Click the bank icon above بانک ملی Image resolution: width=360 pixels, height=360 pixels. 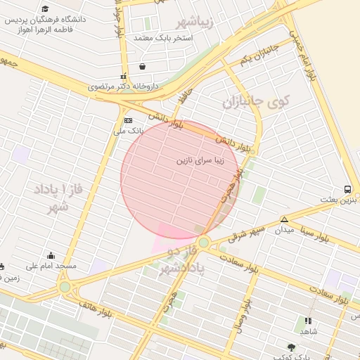point(127,121)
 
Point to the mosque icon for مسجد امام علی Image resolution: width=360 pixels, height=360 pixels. point(51,256)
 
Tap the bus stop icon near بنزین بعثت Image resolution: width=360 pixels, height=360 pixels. point(347,189)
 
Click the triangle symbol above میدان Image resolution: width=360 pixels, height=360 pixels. point(284,219)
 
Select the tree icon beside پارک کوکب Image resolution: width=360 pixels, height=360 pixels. point(291,347)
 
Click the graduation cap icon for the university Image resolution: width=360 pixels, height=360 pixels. point(46,9)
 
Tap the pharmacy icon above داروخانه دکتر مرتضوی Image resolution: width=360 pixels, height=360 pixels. point(124,77)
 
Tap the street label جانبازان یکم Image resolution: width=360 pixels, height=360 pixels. point(260,55)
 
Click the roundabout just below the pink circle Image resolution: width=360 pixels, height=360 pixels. point(203,243)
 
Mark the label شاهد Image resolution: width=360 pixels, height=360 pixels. point(309,331)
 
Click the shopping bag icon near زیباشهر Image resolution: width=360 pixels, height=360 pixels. point(143,67)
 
